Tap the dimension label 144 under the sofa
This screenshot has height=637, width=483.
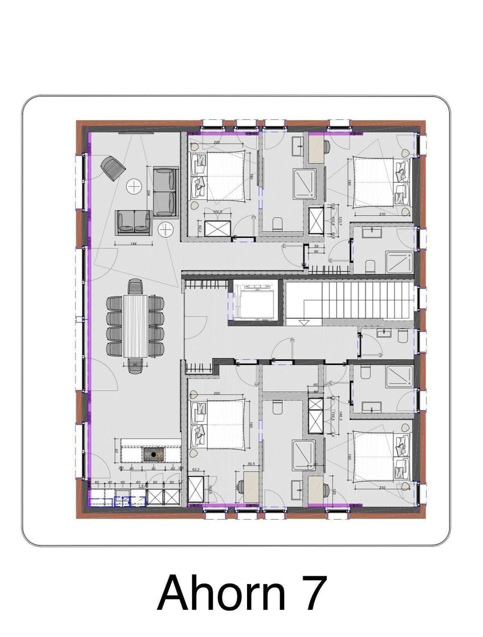[x=133, y=244]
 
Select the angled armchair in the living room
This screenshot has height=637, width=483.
[x=113, y=168]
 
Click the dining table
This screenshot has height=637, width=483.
[x=135, y=326]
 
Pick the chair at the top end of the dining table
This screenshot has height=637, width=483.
[x=135, y=287]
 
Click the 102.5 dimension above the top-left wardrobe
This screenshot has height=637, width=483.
[x=218, y=212]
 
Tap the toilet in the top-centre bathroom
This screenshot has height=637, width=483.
[x=277, y=223]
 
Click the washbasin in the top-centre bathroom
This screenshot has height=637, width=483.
[x=300, y=148]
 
